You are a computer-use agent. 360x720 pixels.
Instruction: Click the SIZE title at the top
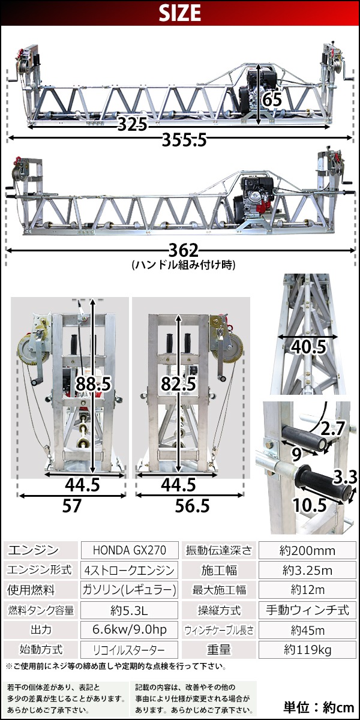click(179, 13)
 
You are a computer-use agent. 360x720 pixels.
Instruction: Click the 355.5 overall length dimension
click(184, 140)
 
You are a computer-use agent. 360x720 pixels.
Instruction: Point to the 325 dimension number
click(133, 124)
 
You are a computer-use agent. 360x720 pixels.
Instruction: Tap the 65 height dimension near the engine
click(272, 100)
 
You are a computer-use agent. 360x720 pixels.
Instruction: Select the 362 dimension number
click(184, 250)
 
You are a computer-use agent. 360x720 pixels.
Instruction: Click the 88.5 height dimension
click(93, 384)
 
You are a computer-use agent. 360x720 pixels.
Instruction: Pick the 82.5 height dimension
click(179, 384)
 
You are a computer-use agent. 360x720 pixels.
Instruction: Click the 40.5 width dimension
click(308, 347)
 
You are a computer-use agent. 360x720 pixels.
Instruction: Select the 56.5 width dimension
click(192, 506)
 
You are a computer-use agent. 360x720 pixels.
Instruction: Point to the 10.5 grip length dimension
click(310, 505)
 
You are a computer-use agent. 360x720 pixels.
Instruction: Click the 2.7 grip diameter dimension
click(332, 428)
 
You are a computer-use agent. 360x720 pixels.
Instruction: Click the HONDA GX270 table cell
click(130, 550)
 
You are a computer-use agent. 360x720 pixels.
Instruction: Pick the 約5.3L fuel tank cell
click(130, 610)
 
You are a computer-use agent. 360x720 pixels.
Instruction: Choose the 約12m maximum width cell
click(308, 590)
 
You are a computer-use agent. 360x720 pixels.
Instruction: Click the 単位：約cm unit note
click(319, 707)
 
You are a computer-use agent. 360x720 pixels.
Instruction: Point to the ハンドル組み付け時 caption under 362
click(184, 265)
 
